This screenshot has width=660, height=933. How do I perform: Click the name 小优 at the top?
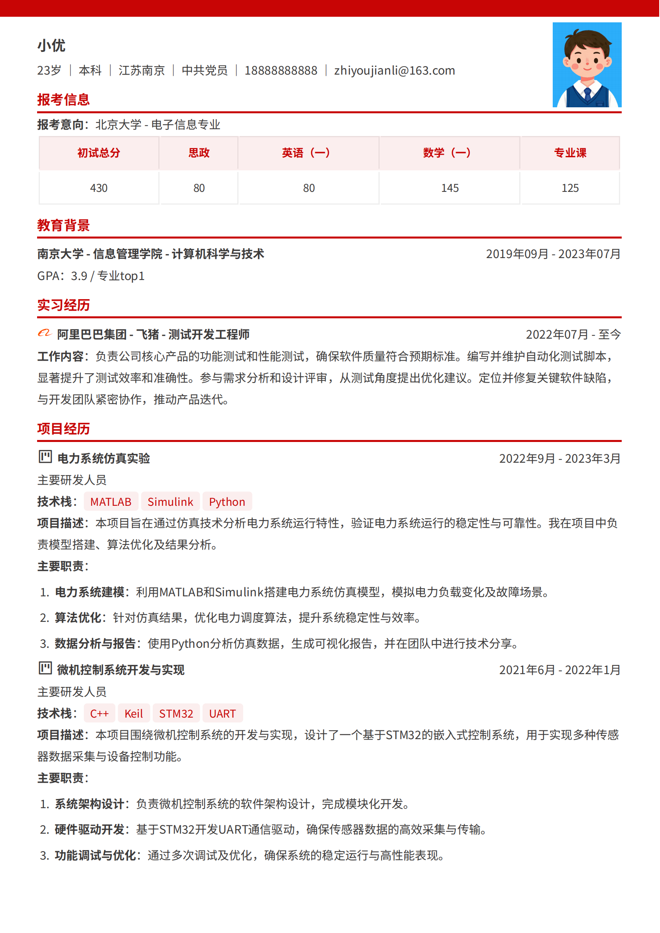point(51,45)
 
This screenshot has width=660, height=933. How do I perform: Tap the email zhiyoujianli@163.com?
point(395,71)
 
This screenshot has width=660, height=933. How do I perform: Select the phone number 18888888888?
point(281,71)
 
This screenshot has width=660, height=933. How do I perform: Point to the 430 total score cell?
point(99,188)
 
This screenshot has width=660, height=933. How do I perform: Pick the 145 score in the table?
point(450,188)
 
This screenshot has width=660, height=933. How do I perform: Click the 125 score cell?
point(570,188)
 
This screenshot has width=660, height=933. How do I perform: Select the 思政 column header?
point(199,153)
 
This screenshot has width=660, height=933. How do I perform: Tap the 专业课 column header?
point(570,153)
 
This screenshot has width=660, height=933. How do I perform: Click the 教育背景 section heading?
point(63,225)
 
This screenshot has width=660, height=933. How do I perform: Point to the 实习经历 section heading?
point(63,305)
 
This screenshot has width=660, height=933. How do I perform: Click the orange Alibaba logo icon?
point(45,334)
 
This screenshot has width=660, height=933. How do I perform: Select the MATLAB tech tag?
point(111,502)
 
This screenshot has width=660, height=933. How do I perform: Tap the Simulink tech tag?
point(170,502)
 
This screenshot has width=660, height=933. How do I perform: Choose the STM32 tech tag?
point(176,714)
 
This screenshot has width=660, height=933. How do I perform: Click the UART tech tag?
point(222,714)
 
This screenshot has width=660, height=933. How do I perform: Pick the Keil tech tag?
point(133,714)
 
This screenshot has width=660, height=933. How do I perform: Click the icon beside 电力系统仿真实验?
point(45,458)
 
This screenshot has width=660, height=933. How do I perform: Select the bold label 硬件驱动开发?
point(89,830)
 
